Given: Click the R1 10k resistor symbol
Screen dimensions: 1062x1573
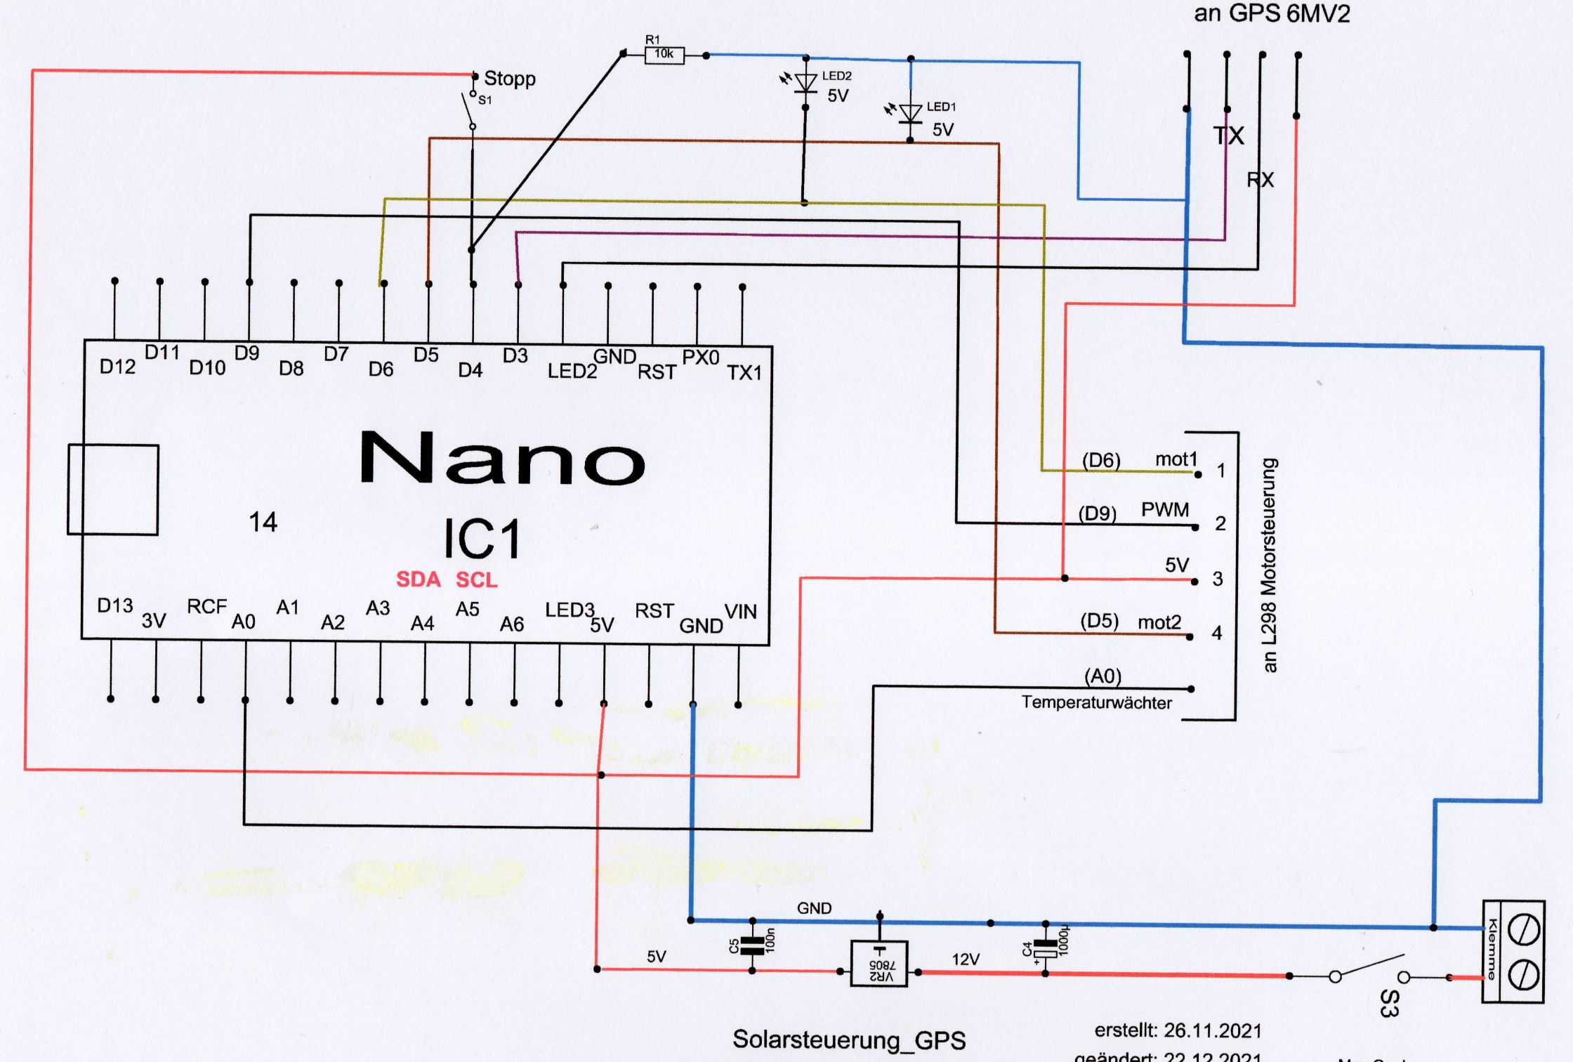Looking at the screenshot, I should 664,55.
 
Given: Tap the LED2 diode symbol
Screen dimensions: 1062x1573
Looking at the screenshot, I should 805,83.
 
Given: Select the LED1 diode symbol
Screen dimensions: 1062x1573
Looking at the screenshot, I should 911,114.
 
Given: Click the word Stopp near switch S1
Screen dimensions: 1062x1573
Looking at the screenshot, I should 509,78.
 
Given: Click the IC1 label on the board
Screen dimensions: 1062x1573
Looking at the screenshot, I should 482,539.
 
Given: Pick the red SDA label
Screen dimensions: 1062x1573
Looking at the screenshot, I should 418,579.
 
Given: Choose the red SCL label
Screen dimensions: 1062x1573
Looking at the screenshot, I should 476,579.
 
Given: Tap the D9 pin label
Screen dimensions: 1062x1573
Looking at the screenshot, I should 246,353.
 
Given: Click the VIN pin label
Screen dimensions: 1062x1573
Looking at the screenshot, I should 740,612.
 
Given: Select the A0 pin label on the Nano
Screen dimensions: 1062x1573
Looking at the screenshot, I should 243,622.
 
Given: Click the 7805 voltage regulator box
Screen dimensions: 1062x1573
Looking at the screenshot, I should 878,963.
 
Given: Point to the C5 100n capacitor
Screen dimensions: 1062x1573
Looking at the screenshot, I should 752,945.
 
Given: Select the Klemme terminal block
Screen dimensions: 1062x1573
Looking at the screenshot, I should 1513,952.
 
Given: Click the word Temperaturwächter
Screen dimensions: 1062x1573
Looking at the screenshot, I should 1096,702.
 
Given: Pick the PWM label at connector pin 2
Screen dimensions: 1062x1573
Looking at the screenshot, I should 1164,509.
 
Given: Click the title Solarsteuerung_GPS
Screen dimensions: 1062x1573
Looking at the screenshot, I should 848,1040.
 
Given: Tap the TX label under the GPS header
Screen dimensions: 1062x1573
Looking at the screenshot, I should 1228,135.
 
